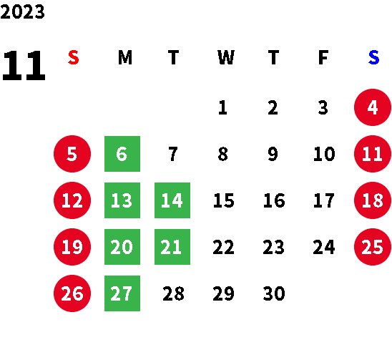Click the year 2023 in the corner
pyautogui.click(x=22, y=11)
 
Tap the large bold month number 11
pyautogui.click(x=24, y=65)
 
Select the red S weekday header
pyautogui.click(x=74, y=57)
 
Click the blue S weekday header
pyautogui.click(x=373, y=57)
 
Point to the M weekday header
pyautogui.click(x=125, y=57)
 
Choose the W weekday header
pyautogui.click(x=226, y=57)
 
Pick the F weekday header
pyautogui.click(x=323, y=57)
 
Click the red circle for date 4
pyautogui.click(x=373, y=107)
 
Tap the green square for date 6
pyautogui.click(x=122, y=154)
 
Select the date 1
pyautogui.click(x=222, y=107)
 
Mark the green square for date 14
pyautogui.click(x=172, y=200)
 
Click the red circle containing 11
pyautogui.click(x=373, y=154)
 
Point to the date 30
pyautogui.click(x=274, y=293)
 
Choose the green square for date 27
pyautogui.click(x=122, y=293)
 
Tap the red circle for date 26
pyautogui.click(x=72, y=293)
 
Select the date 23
pyautogui.click(x=273, y=247)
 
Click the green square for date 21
pyautogui.click(x=172, y=247)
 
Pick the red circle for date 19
pyautogui.click(x=72, y=247)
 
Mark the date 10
pyautogui.click(x=324, y=154)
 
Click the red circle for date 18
pyautogui.click(x=373, y=200)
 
